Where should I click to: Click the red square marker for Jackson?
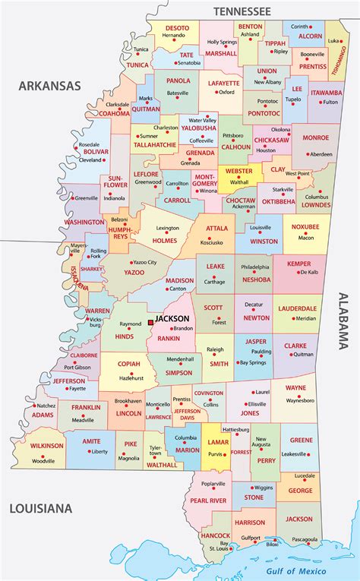click(151, 322)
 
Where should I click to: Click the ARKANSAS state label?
click(49, 86)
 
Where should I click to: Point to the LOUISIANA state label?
click(41, 507)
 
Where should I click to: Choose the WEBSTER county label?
click(239, 172)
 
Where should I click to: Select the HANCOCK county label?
click(215, 535)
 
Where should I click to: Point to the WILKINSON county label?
click(47, 445)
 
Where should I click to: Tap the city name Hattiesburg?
click(236, 429)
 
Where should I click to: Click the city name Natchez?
click(46, 406)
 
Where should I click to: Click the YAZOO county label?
click(134, 271)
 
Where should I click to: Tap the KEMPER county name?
click(298, 262)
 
